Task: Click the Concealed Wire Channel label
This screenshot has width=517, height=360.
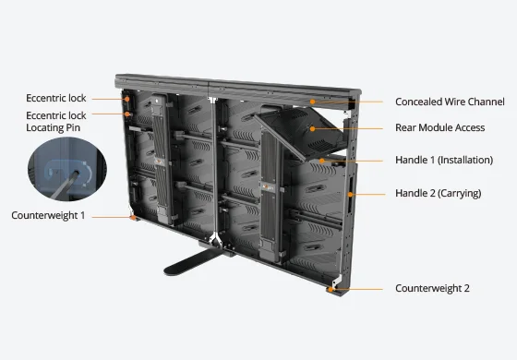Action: (x=450, y=102)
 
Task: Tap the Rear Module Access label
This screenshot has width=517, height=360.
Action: (x=439, y=127)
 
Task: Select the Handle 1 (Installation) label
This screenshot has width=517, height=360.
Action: (x=444, y=161)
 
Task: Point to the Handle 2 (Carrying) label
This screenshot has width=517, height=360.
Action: (x=439, y=193)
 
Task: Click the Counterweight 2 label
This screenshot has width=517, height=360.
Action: (x=432, y=288)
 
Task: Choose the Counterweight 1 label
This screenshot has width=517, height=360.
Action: (x=48, y=215)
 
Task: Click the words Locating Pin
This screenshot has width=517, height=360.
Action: (x=54, y=128)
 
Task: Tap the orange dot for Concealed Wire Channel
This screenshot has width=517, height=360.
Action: (x=312, y=102)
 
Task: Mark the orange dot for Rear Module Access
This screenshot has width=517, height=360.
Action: (x=312, y=128)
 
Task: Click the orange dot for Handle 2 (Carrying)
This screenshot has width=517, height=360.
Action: (x=351, y=195)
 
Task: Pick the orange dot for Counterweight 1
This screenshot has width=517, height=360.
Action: (x=133, y=217)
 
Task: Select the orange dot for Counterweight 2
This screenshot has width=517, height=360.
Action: (x=331, y=290)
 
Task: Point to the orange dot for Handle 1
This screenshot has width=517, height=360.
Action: (x=322, y=161)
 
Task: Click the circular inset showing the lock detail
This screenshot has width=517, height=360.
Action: (x=67, y=169)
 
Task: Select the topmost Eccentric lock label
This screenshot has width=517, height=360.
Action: (x=56, y=98)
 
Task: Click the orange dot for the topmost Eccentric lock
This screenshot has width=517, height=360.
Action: (x=127, y=99)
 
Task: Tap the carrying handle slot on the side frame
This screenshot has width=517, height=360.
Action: (x=351, y=195)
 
